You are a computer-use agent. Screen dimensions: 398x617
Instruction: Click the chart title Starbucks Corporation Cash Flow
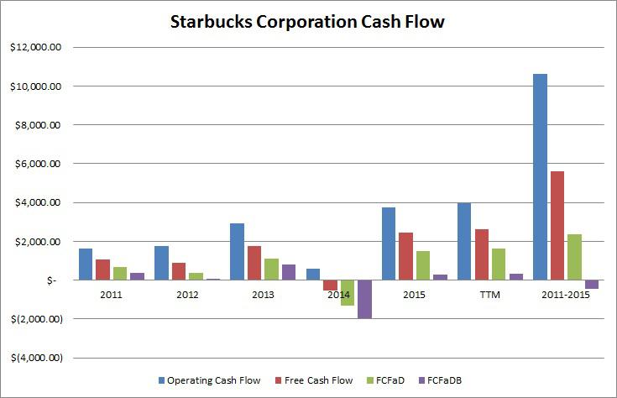coord(308,22)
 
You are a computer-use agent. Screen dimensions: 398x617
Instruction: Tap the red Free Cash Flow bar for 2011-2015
coord(557,225)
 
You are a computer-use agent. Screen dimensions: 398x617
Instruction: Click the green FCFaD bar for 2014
coord(347,292)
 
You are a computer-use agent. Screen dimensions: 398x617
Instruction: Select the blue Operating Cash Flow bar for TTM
coord(464,241)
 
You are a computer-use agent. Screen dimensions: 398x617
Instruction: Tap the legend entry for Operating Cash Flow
coord(209,380)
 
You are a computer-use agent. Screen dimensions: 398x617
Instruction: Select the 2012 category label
coord(186,295)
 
